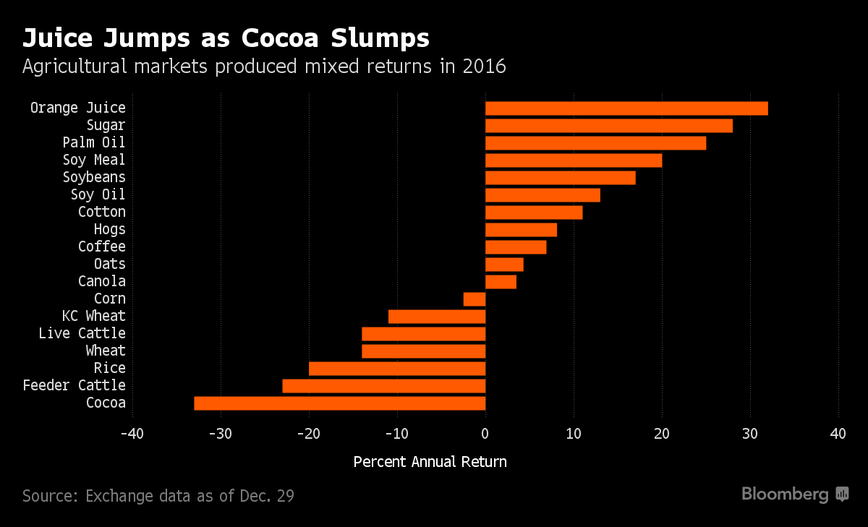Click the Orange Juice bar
click(x=626, y=108)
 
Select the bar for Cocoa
click(x=340, y=403)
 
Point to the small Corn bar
click(x=475, y=299)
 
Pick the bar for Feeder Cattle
click(x=384, y=386)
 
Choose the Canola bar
click(x=501, y=282)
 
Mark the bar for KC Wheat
click(x=437, y=317)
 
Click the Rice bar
click(x=397, y=369)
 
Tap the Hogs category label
click(x=109, y=229)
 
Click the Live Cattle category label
click(x=82, y=333)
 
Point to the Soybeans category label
click(x=94, y=177)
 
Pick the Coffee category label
click(x=102, y=247)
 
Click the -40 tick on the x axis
click(x=132, y=434)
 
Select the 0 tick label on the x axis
click(x=485, y=434)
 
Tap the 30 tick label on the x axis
click(x=750, y=434)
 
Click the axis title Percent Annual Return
click(x=430, y=461)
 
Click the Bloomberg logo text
click(x=786, y=494)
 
